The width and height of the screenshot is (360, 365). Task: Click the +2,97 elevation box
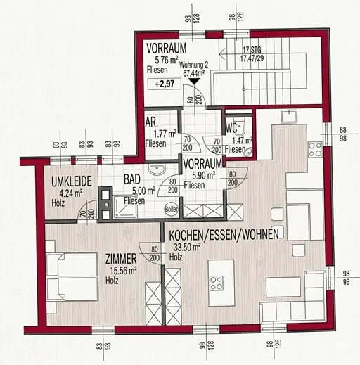click(165, 84)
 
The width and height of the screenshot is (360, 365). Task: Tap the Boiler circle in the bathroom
click(172, 209)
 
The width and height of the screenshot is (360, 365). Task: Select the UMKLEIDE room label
click(72, 181)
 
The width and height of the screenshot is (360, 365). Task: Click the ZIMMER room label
click(121, 259)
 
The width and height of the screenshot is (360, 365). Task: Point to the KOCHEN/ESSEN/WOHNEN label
click(224, 234)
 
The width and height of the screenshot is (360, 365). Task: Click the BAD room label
click(132, 179)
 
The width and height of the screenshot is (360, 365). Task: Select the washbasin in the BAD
click(157, 169)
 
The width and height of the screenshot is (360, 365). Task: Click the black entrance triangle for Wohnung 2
click(194, 81)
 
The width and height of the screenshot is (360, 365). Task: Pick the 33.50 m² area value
click(187, 247)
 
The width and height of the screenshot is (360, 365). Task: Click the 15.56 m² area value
click(124, 271)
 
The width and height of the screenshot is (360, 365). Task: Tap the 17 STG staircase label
click(252, 50)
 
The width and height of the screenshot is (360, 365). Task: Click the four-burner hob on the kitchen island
click(217, 283)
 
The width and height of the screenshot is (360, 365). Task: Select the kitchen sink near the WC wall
click(290, 117)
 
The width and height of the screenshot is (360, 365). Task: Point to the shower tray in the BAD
click(125, 207)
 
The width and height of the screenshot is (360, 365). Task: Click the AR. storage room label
click(152, 122)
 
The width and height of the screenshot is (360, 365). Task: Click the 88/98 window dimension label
click(343, 134)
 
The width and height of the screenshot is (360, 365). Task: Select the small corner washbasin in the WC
click(247, 153)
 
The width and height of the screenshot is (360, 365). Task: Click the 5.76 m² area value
click(167, 60)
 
